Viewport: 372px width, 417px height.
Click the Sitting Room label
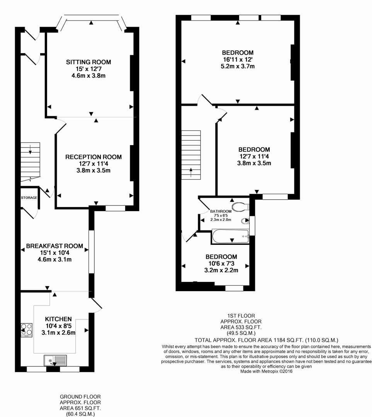[x=88, y=62]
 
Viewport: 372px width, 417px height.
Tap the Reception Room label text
[x=93, y=157]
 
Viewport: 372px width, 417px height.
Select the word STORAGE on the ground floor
[x=29, y=198]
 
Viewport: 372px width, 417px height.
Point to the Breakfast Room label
[x=54, y=246]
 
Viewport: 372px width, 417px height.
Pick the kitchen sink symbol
[x=55, y=360]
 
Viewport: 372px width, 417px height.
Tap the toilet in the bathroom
[x=242, y=206]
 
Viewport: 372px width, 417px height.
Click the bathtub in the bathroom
[x=231, y=236]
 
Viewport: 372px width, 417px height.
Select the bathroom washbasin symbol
[x=245, y=221]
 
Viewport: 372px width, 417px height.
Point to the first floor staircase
[x=191, y=154]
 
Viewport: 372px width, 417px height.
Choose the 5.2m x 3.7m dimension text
[x=237, y=66]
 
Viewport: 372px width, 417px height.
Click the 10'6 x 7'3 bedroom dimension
[x=221, y=264]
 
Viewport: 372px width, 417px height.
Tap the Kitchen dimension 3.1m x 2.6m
[x=58, y=332]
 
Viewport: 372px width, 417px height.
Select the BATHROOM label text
[x=221, y=211]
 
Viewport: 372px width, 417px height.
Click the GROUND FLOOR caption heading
[x=80, y=397]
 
